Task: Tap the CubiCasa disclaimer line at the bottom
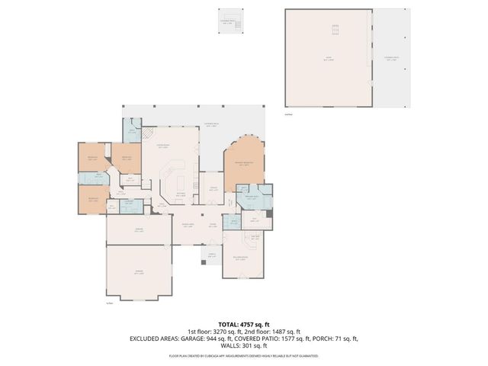point(244,355)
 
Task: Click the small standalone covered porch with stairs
point(228,22)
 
